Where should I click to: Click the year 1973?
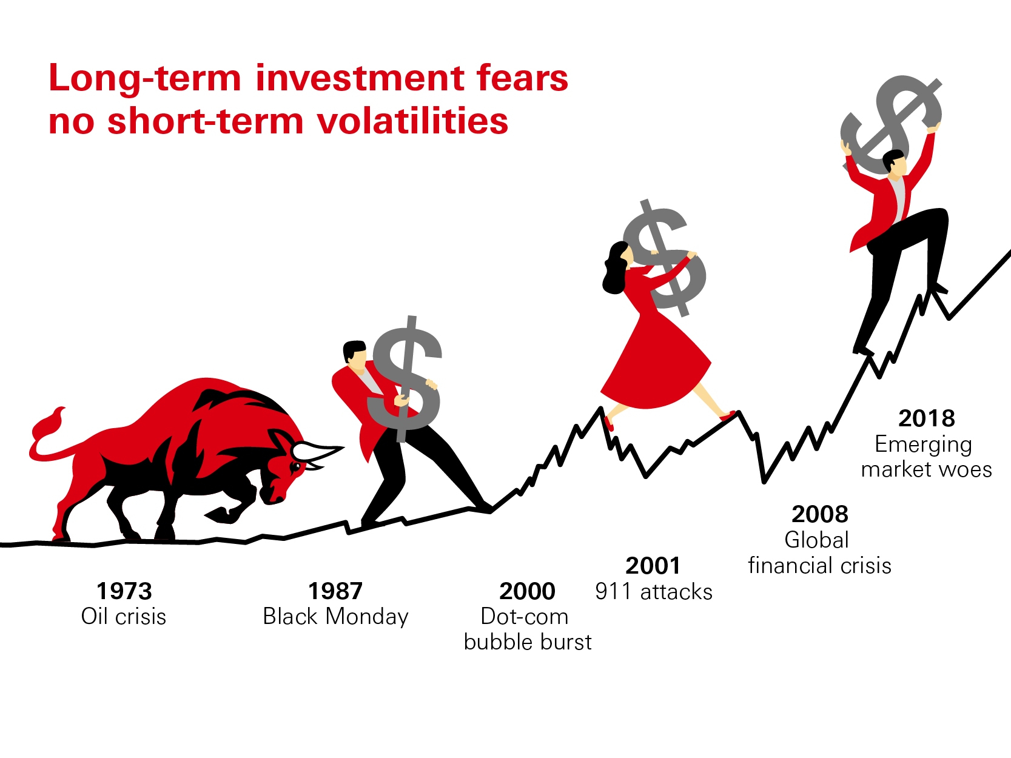click(x=124, y=591)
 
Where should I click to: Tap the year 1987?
click(x=335, y=591)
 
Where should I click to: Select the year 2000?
click(x=528, y=591)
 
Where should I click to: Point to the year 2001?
click(x=653, y=566)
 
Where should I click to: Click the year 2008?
click(x=820, y=514)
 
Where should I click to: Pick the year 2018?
click(x=927, y=418)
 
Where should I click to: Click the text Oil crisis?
click(x=124, y=617)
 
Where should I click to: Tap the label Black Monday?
click(x=336, y=617)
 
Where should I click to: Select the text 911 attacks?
click(x=654, y=592)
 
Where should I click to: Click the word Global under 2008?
click(x=817, y=540)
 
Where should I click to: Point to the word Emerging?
click(x=924, y=445)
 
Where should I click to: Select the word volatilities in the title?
click(x=412, y=121)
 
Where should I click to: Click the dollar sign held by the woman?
click(x=665, y=258)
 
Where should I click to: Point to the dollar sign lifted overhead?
click(x=892, y=124)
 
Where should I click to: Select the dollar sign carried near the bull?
click(x=405, y=379)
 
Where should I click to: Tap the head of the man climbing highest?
click(x=895, y=164)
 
